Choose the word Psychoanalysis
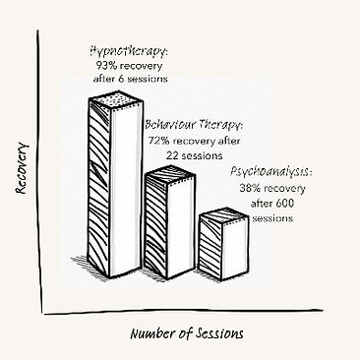[x=267, y=172]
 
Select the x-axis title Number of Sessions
[x=187, y=333]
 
